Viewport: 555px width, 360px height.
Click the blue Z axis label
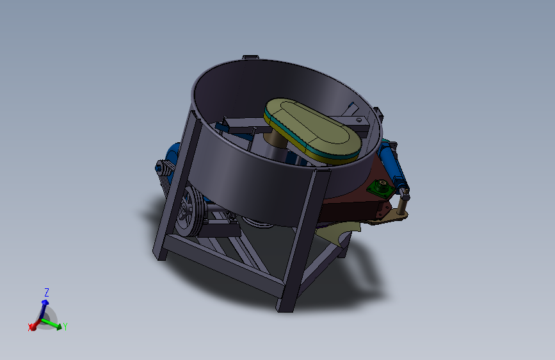pyautogui.click(x=46, y=292)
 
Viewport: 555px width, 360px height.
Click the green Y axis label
pyautogui.click(x=65, y=326)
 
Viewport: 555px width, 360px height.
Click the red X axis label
pyautogui.click(x=29, y=327)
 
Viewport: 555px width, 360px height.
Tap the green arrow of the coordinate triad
pyautogui.click(x=52, y=323)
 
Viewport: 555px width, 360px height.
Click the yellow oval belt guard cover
pyautogui.click(x=313, y=130)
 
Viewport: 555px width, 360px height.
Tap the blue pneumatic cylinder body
pyautogui.click(x=391, y=162)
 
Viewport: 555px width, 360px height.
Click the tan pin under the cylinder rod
pyautogui.click(x=402, y=205)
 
